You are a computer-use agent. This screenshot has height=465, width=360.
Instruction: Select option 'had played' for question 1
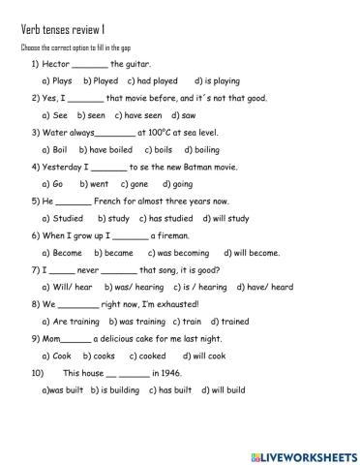tap(157, 81)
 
